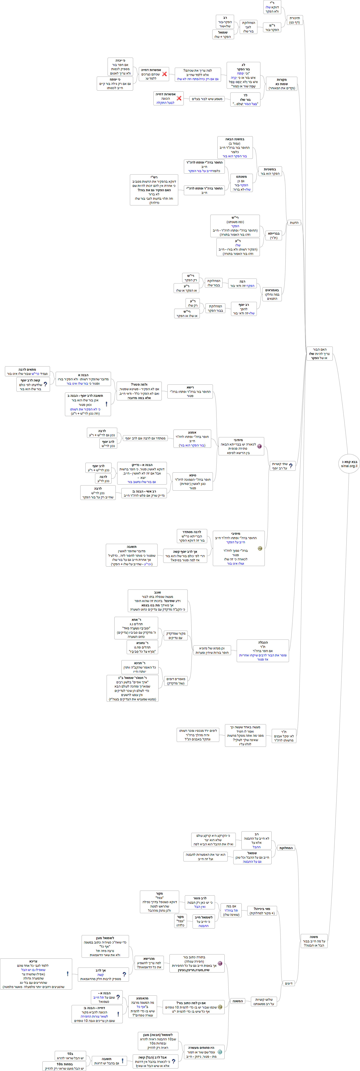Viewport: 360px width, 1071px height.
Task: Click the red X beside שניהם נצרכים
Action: [164, 74]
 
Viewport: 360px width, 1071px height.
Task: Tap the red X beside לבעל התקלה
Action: [179, 99]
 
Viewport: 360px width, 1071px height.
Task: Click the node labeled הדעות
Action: [294, 222]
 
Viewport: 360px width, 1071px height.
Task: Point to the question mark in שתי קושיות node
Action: [290, 466]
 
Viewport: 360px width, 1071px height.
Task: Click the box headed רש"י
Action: [154, 190]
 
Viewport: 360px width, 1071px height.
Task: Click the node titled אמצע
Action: [192, 439]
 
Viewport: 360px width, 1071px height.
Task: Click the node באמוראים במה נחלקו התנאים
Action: [272, 294]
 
